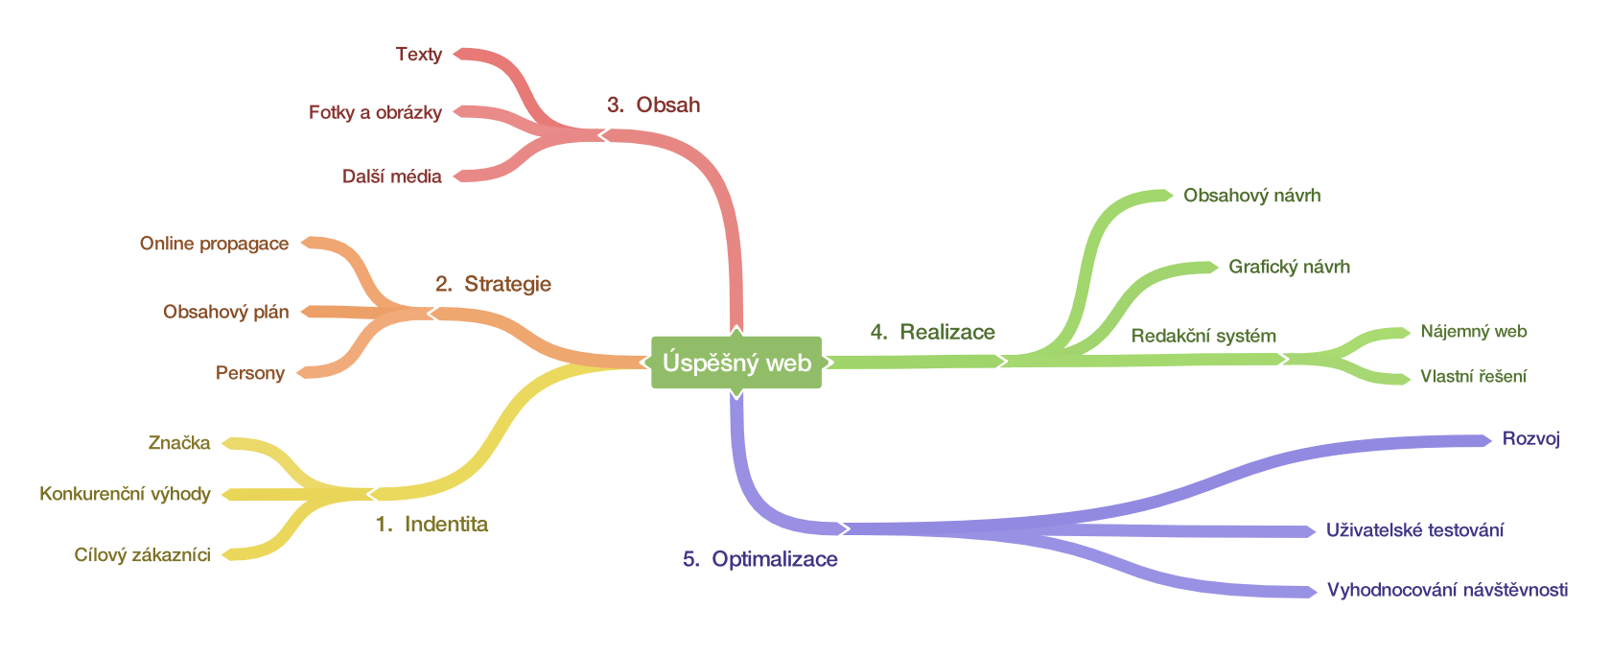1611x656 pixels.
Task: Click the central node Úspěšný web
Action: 736,363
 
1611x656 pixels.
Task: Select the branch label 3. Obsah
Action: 653,105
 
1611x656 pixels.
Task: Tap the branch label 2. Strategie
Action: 493,284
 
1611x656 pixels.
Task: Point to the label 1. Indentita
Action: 432,524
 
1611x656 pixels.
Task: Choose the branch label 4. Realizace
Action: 932,332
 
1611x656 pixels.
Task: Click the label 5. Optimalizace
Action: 759,559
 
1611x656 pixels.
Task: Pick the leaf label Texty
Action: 419,54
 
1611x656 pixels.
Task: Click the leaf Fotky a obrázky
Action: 375,112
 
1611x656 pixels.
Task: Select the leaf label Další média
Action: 391,176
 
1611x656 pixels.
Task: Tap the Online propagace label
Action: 214,244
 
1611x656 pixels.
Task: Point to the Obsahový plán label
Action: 225,312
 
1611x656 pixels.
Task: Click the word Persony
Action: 249,373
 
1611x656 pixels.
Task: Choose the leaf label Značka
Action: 179,443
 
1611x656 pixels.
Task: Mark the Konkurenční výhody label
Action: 125,494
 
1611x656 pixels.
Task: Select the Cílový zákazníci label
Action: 142,555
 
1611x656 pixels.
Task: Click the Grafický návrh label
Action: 1289,267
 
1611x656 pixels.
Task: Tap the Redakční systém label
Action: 1203,336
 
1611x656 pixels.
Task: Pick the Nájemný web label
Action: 1473,332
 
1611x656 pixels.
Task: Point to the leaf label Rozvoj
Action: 1530,439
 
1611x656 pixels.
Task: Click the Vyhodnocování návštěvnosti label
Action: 1447,590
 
